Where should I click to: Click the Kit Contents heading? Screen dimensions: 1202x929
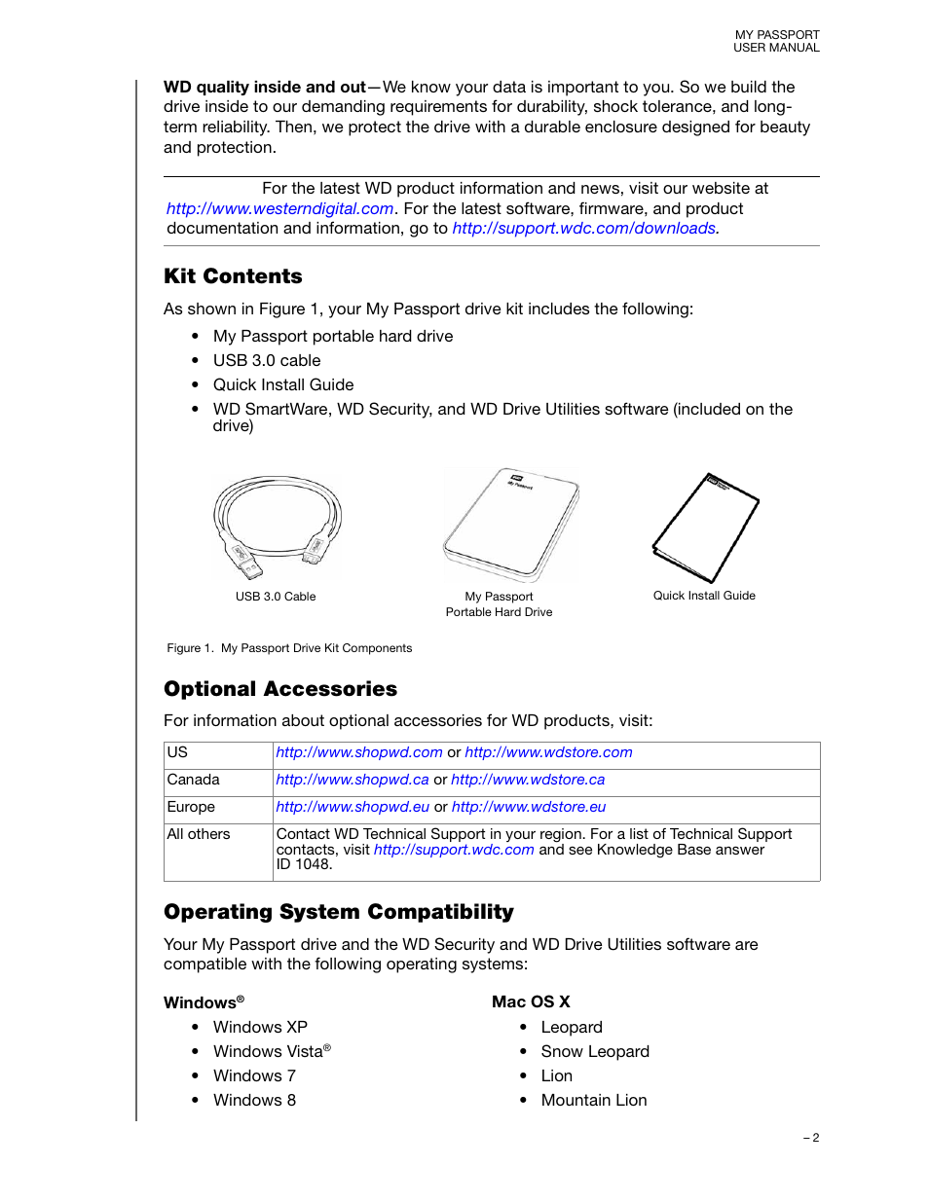tap(233, 276)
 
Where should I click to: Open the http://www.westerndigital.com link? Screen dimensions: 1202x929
tap(279, 208)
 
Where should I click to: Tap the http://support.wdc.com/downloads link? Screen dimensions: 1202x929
tap(584, 229)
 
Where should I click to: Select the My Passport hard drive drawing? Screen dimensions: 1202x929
tap(510, 523)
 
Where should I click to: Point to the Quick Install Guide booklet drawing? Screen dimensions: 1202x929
tap(705, 527)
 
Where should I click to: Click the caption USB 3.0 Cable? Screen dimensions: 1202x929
tap(276, 597)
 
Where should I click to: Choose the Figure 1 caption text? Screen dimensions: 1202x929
tap(289, 648)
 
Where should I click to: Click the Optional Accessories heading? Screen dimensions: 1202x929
tap(280, 689)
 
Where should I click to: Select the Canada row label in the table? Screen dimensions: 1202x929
tap(194, 780)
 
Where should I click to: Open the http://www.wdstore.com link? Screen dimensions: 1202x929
tap(548, 752)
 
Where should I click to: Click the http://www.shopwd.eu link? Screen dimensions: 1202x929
tap(353, 807)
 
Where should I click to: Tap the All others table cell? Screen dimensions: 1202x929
tap(199, 834)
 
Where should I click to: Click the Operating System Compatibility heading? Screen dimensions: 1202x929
tap(339, 912)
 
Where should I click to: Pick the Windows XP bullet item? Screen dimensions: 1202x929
tap(260, 1027)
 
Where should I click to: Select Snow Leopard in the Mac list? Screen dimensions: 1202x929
tap(595, 1051)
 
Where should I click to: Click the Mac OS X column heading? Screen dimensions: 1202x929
tap(531, 1002)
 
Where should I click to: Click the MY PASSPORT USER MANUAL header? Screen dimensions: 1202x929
tap(776, 41)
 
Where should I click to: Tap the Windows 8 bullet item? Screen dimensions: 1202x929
tap(254, 1100)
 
